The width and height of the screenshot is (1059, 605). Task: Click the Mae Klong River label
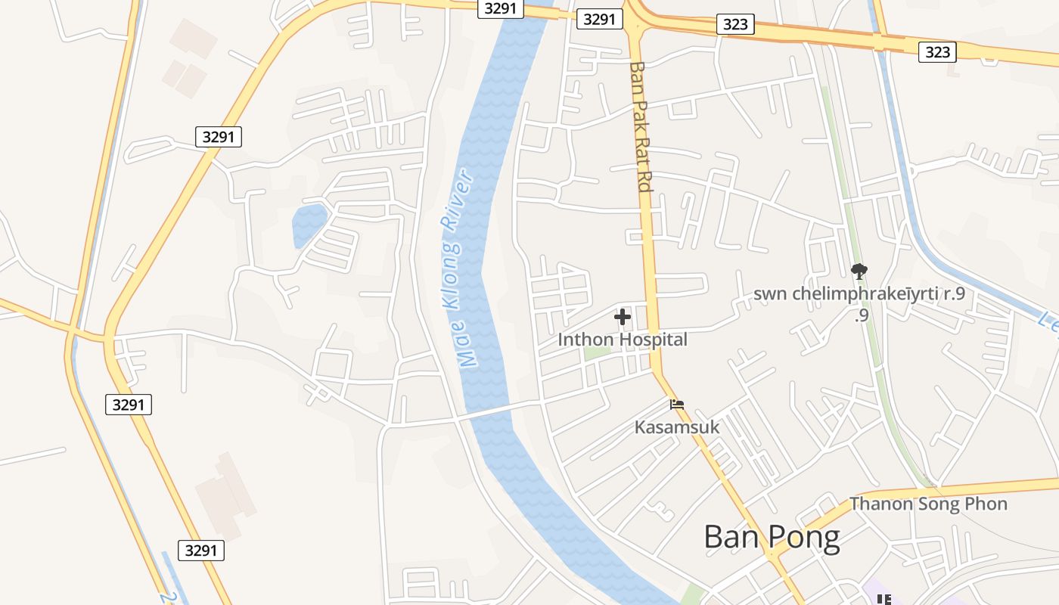click(459, 269)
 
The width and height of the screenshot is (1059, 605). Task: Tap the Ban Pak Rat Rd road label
click(640, 126)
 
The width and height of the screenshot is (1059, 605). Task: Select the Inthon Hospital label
click(623, 340)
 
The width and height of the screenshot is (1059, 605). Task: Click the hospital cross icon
click(623, 316)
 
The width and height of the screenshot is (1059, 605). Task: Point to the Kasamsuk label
click(677, 427)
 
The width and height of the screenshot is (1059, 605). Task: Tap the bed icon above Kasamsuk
click(677, 405)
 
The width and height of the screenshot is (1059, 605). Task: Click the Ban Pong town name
click(772, 537)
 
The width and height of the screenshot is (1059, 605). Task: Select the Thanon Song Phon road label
click(928, 504)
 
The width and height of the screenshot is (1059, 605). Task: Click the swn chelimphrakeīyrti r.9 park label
click(859, 294)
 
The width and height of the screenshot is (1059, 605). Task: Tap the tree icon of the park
click(859, 271)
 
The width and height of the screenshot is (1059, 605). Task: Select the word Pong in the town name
click(805, 537)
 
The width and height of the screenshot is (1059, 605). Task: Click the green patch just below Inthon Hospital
click(597, 353)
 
